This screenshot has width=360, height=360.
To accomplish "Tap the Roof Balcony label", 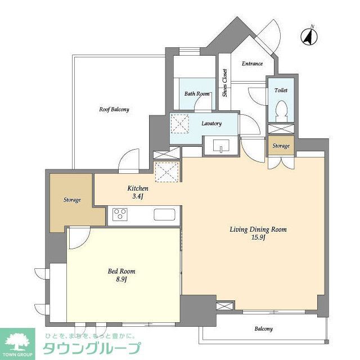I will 115,110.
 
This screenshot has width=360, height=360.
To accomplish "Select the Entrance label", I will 252,64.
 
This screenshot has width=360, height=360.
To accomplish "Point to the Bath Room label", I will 197,94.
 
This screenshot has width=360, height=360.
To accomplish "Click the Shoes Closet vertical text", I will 224,83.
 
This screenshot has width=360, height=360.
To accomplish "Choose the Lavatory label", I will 211,124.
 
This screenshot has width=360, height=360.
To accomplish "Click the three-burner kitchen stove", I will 120,214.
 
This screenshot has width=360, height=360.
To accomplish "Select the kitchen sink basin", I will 165,214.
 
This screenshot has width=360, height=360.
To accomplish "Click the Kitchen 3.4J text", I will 138,192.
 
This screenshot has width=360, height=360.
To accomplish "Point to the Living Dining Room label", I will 258,233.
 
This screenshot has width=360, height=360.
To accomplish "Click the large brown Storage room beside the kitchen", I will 71,200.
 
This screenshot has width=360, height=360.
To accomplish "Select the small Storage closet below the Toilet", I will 281,146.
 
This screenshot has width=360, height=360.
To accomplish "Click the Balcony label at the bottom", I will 263,329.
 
